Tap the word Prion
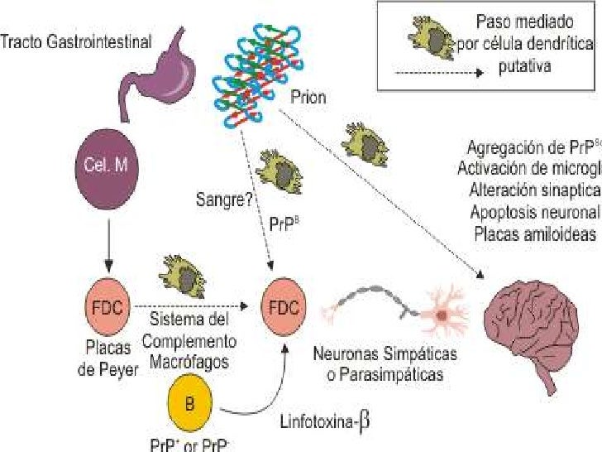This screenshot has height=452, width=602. tap(308, 97)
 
